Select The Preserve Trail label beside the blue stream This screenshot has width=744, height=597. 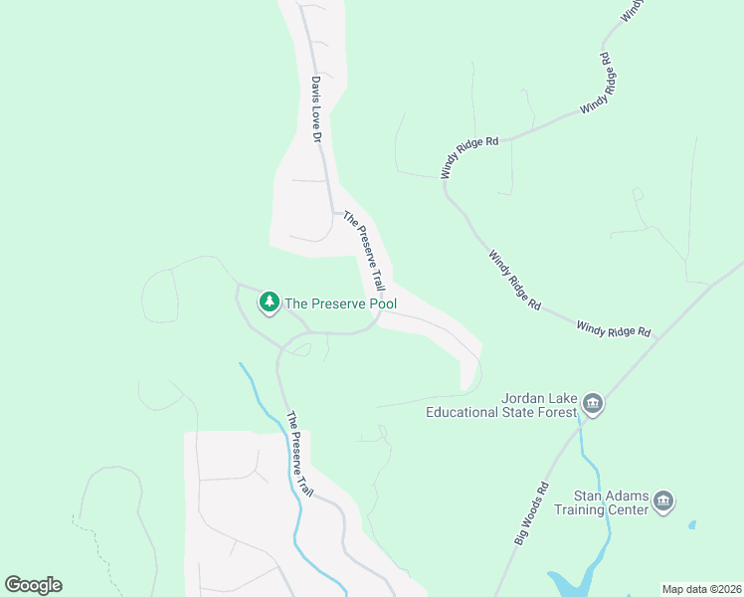click(x=299, y=455)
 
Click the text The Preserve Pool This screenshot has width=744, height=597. click(x=340, y=303)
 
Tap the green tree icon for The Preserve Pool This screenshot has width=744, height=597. click(x=269, y=301)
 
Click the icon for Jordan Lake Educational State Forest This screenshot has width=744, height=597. click(x=593, y=403)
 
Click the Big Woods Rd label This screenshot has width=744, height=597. click(x=532, y=513)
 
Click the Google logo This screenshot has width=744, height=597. click(x=34, y=584)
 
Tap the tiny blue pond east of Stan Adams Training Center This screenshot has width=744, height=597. click(x=691, y=524)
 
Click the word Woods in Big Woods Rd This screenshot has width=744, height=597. click(x=532, y=512)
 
